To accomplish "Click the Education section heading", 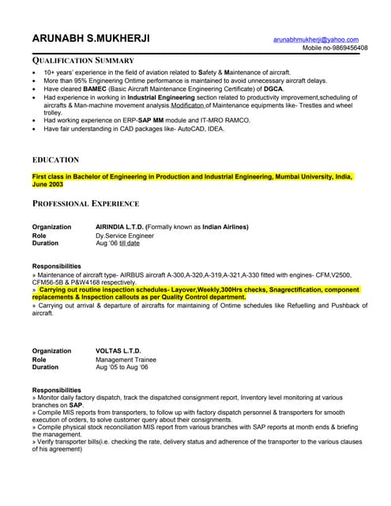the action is tap(55, 160).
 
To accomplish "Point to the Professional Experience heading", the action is tap(85, 204).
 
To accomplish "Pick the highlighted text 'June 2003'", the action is tap(47, 183).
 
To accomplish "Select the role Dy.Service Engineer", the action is tap(125, 236).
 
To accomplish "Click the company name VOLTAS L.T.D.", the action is tap(118, 351).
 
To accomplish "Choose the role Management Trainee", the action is tap(126, 360).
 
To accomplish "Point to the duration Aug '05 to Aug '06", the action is tap(122, 368).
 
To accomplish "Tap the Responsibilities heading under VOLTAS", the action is tap(56, 390).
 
